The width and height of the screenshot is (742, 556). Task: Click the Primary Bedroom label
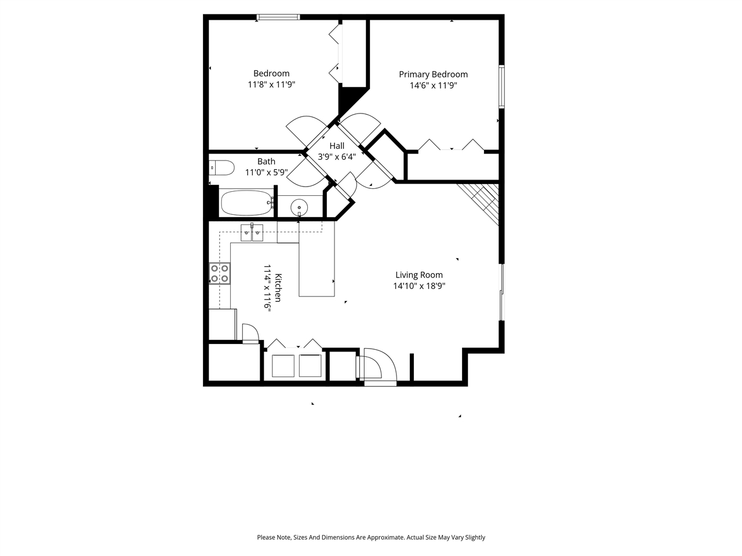(x=433, y=74)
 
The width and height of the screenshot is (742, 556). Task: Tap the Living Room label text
(x=419, y=275)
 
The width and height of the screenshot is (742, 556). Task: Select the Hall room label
(x=337, y=146)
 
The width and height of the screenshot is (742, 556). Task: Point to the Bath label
(x=266, y=162)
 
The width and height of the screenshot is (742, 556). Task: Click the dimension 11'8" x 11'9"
(x=271, y=85)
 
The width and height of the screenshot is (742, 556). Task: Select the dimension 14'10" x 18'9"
(x=419, y=286)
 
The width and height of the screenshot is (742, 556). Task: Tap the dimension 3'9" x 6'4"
(x=337, y=156)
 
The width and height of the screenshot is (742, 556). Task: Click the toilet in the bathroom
(x=221, y=168)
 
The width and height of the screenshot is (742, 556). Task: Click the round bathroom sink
(x=299, y=207)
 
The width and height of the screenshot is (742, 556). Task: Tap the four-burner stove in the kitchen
(x=220, y=273)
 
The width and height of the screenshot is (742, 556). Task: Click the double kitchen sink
(x=252, y=233)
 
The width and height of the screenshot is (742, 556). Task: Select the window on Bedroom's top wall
(x=278, y=17)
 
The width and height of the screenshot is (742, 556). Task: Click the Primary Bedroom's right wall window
(x=501, y=87)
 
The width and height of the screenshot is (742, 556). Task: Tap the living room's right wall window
(x=501, y=292)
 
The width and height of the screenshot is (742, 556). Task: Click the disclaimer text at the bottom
(x=371, y=537)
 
